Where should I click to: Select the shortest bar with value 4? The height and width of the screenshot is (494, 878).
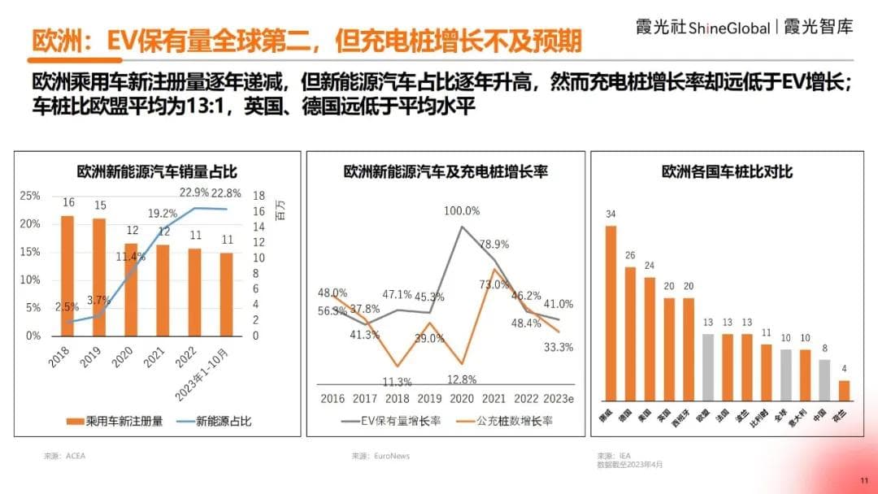coord(844,391)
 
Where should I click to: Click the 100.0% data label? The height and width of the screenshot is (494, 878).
coord(462,210)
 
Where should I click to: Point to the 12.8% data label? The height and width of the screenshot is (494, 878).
coord(460,379)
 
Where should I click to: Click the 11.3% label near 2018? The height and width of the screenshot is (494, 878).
coord(397,381)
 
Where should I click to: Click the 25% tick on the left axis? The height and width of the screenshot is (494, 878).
coord(29,196)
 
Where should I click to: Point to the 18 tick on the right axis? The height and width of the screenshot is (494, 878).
coord(259,196)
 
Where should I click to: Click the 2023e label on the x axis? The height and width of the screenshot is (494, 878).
coord(559,398)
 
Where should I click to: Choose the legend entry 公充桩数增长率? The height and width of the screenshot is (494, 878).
coord(513,421)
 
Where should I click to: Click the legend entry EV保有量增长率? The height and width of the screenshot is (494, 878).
coord(398,421)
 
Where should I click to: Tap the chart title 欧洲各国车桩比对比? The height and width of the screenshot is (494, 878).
coord(727,171)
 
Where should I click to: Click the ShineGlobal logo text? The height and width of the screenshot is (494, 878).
coord(729,28)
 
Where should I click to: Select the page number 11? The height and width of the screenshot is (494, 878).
coord(864,479)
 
